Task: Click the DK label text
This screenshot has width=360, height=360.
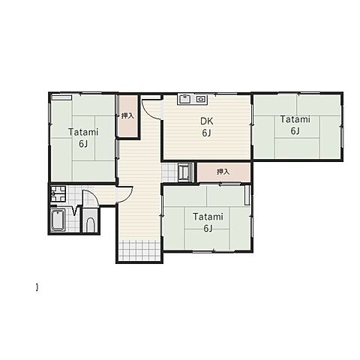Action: (207, 121)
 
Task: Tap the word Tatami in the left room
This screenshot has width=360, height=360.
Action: (83, 132)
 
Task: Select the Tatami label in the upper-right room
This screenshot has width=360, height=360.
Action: (295, 119)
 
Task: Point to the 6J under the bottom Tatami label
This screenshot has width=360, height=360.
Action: (208, 229)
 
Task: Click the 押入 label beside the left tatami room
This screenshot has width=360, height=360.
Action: (127, 115)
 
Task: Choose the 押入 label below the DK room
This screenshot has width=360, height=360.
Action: (223, 172)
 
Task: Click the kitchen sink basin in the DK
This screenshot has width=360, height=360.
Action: (184, 99)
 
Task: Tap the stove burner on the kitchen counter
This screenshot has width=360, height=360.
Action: (200, 99)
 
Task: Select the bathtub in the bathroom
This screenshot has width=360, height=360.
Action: (58, 220)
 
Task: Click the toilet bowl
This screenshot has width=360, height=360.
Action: (90, 225)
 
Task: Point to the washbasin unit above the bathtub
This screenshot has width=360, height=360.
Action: (58, 194)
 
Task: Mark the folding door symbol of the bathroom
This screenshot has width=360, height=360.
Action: (75, 211)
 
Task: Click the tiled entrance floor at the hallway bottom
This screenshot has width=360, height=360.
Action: (139, 250)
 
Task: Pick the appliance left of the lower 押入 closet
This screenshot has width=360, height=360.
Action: (185, 172)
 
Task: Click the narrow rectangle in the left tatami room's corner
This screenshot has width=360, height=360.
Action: (61, 97)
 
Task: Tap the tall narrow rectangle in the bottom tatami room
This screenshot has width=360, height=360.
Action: (247, 195)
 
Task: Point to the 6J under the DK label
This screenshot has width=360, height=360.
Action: (206, 133)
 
